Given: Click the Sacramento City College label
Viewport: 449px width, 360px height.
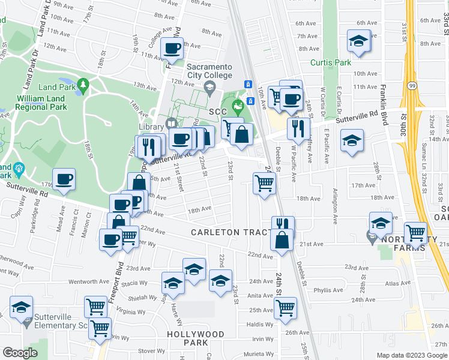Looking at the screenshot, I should point(209,70).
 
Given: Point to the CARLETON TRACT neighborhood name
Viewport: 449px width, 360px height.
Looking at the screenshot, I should point(232,232).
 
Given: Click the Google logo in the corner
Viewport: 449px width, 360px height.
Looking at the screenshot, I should point(20,352).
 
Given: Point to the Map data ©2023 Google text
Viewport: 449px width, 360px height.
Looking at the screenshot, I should point(411,355).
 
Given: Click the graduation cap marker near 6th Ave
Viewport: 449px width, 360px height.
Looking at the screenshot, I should point(358,42).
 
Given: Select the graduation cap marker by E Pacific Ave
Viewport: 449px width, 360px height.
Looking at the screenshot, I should point(352,141).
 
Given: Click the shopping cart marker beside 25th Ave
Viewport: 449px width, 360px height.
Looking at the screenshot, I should point(285,308).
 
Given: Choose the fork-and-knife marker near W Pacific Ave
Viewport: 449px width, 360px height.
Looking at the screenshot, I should point(298,127).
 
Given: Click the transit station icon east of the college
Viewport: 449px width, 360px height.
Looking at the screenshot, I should point(247,84).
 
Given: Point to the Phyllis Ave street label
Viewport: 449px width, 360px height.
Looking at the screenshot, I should point(328,290).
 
